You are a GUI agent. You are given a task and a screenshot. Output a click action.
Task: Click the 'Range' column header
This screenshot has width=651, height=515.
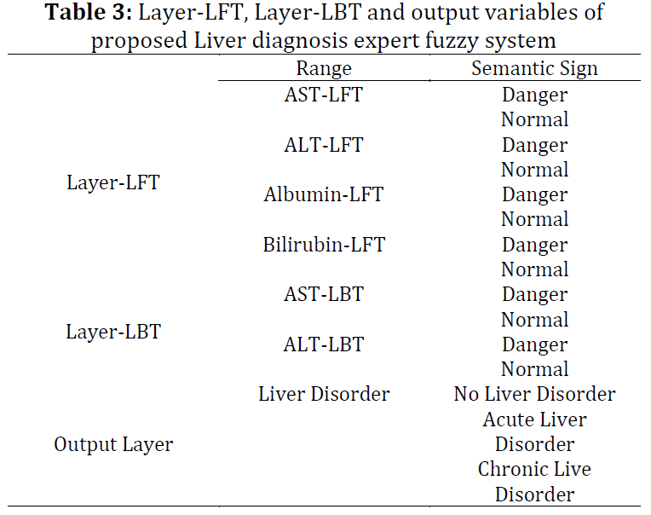click(x=324, y=68)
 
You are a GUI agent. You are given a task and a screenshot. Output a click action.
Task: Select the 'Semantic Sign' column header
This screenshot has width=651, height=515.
click(x=534, y=68)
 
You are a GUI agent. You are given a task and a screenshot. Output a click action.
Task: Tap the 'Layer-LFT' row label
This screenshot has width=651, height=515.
click(x=113, y=182)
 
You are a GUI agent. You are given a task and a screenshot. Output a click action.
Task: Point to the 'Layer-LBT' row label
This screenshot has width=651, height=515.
click(x=113, y=332)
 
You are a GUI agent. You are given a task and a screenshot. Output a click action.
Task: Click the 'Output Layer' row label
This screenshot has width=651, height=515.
click(x=113, y=444)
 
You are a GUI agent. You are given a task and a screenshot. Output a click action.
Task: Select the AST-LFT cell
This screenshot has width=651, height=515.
click(x=324, y=95)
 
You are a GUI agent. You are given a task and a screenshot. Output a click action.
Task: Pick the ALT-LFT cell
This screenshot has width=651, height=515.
click(x=324, y=145)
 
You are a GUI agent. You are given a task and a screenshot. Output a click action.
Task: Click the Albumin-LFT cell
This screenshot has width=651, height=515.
click(x=324, y=194)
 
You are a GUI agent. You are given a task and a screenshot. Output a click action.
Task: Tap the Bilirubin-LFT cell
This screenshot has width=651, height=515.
click(x=324, y=244)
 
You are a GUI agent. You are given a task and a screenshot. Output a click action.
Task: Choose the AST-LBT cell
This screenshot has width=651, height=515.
click(x=324, y=294)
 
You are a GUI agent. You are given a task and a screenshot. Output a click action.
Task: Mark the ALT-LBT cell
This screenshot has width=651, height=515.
click(x=324, y=344)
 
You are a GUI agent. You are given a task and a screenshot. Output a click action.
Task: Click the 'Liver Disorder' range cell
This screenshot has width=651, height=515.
click(x=324, y=394)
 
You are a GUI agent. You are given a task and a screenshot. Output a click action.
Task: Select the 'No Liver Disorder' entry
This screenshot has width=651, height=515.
click(x=534, y=394)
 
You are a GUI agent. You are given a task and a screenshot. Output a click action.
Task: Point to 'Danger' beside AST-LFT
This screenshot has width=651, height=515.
click(x=535, y=95)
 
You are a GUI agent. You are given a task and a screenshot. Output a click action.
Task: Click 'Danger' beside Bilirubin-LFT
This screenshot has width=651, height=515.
click(x=535, y=246)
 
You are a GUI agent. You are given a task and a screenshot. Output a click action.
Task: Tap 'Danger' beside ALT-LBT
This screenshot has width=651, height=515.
click(x=535, y=345)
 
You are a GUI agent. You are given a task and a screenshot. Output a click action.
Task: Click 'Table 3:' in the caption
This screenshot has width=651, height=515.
click(x=89, y=13)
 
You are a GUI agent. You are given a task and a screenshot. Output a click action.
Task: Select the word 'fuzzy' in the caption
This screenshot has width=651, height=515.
click(x=452, y=42)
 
